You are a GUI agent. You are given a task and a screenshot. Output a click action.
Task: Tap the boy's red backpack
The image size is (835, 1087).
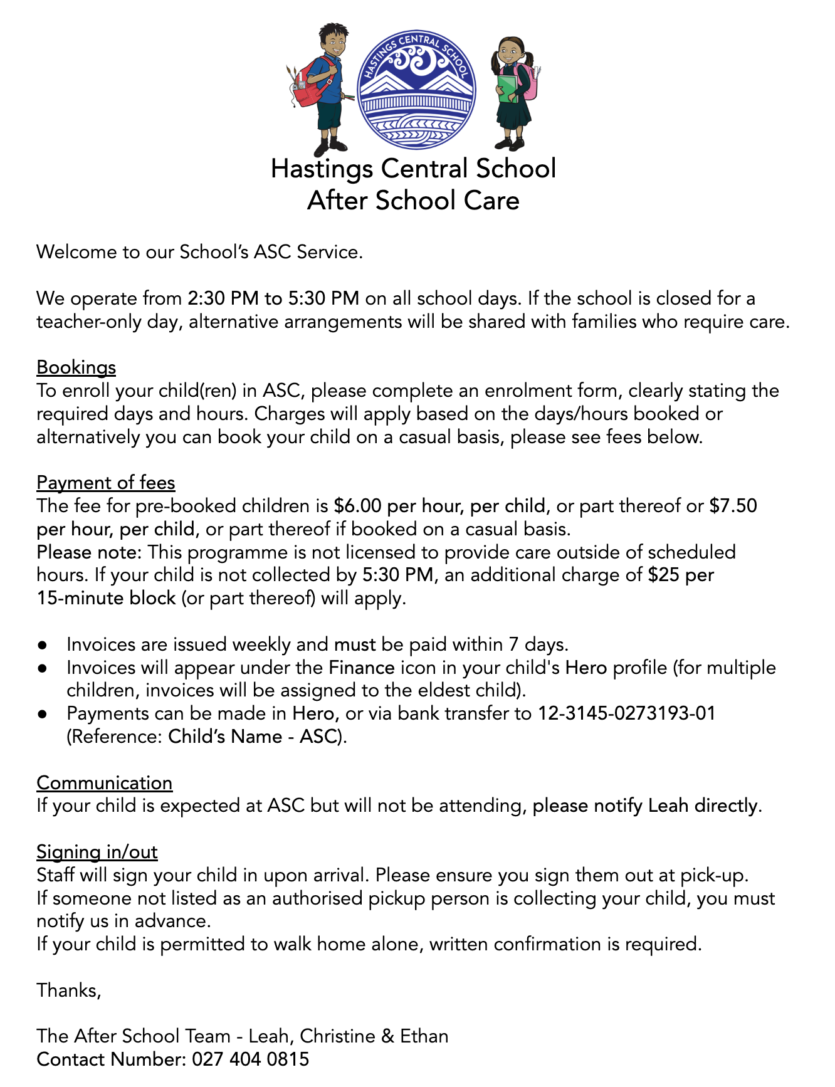pos(308,85)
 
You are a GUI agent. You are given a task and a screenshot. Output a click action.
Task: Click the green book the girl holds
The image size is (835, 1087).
pos(507,88)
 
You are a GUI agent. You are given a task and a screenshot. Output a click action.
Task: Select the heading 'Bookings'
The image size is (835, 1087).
pos(76,367)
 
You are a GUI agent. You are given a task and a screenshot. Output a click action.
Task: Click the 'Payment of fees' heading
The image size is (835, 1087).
pos(105,483)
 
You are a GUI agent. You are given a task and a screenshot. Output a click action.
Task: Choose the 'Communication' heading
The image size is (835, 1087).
pos(104,783)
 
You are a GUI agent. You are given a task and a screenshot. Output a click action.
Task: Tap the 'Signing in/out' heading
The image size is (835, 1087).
pos(97,852)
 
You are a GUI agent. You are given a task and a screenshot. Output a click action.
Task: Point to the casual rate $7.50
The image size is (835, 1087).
pos(733,506)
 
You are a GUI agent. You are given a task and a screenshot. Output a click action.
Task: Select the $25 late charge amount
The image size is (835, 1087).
pos(663,575)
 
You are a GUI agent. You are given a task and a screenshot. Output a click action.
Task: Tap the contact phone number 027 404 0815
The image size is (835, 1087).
pos(250,1059)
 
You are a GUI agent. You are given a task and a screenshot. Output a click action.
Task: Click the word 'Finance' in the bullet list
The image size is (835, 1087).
pos(362,668)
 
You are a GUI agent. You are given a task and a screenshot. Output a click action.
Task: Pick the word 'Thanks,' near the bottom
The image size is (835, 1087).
pos(68,990)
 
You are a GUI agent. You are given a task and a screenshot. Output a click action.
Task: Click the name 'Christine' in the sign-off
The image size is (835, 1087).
pos(337,1036)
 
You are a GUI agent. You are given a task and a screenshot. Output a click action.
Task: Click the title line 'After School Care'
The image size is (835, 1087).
pos(413,201)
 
